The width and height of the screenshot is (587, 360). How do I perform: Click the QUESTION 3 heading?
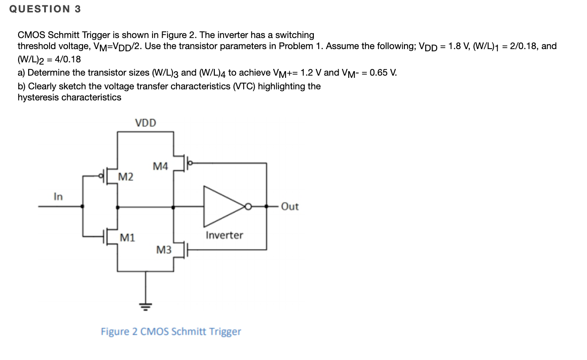coord(45,9)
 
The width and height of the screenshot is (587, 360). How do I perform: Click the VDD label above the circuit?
coord(145,123)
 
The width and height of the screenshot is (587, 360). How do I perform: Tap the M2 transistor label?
coord(126,177)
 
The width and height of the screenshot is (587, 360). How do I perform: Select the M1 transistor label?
coord(127,238)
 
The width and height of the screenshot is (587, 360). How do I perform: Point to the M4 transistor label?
coord(160,166)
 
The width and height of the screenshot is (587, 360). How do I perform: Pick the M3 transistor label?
coord(164,250)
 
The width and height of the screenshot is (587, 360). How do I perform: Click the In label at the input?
coord(58,196)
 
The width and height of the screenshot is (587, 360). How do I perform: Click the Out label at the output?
coord(290,207)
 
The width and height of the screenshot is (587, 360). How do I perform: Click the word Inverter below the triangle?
coord(224,235)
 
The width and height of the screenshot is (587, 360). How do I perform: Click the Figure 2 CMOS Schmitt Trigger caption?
coord(171,331)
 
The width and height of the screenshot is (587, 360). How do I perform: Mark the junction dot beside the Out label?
coord(267,207)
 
